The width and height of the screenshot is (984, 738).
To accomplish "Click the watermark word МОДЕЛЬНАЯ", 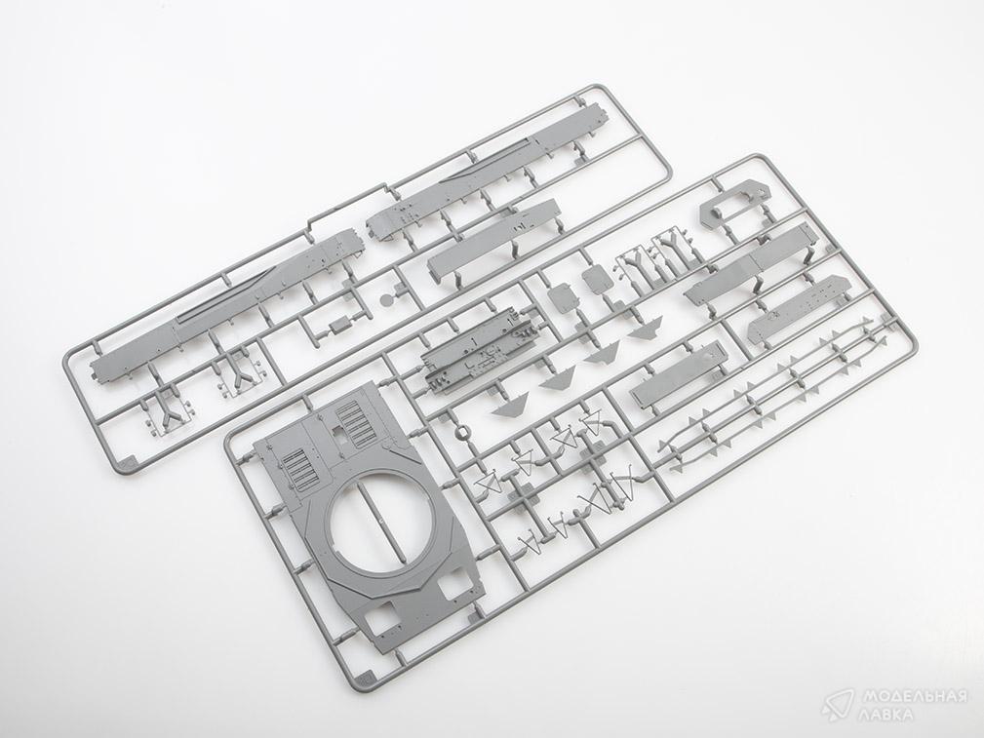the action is [914, 697].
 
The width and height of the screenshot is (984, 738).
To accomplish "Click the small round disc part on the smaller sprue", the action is [388, 298].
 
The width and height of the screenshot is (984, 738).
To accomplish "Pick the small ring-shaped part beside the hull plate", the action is [462, 431].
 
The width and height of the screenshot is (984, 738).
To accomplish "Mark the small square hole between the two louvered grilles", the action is [337, 432].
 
